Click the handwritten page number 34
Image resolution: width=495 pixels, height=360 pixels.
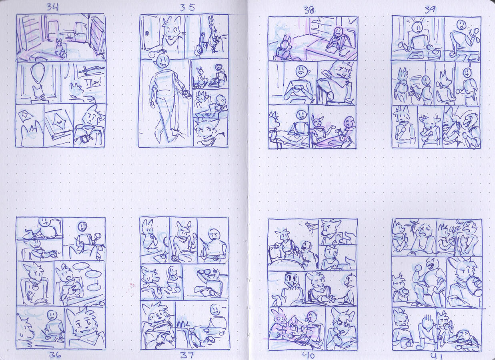52,7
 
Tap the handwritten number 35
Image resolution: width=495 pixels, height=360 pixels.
187,8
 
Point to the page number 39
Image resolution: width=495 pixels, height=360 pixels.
430,10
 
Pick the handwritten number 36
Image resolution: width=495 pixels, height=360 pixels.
55,355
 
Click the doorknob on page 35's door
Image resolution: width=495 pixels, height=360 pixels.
147,34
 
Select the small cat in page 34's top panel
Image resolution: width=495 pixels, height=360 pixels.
60,48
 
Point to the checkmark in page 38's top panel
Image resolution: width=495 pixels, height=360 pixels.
352,21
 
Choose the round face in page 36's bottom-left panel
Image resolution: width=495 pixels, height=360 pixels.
52,314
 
